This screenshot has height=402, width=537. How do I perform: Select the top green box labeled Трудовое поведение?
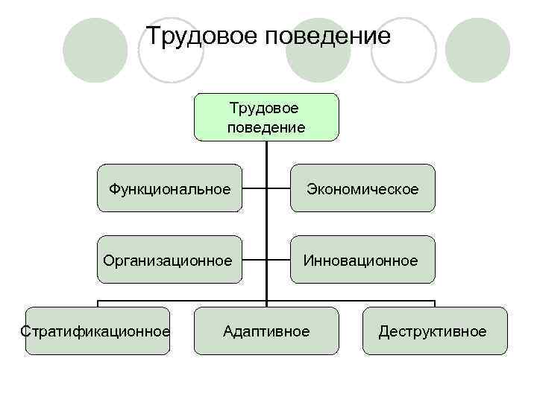pos(266,117)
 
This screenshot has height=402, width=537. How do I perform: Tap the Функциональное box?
pos(170,188)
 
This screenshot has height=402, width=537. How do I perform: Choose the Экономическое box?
pos(362,188)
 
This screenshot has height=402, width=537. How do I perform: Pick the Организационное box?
pos(170,260)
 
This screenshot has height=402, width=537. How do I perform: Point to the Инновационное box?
pos(362,260)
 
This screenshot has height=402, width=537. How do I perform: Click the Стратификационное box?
pos(97,331)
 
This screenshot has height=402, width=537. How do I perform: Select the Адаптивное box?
pos(266,331)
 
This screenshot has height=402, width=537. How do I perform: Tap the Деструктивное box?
pos(433,331)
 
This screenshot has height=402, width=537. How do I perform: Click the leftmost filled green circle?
pos(95,51)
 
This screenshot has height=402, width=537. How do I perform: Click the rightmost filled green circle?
pos(477,51)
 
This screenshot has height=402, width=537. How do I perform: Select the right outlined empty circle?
pos(403,51)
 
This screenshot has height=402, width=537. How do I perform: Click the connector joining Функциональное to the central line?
pos(254,188)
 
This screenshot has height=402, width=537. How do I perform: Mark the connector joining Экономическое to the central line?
pos(278,188)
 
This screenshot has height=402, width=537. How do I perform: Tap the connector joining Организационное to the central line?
pos(254,260)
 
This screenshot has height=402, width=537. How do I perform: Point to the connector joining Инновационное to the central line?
pos(278,260)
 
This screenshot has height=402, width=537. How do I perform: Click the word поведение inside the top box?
pos(266,127)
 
